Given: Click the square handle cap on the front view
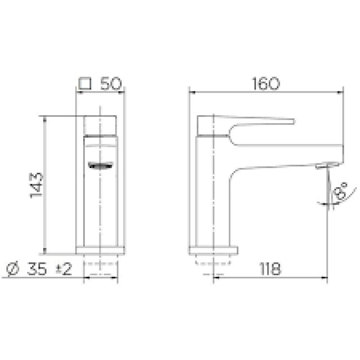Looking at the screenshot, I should click(x=101, y=125).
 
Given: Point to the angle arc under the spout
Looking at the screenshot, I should click(x=326, y=204).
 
